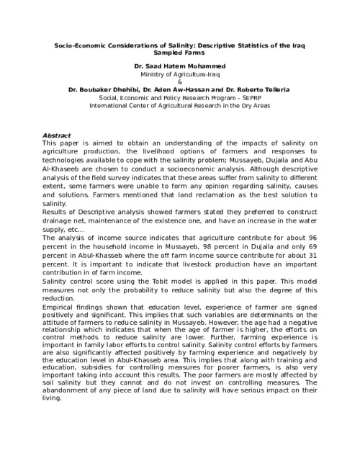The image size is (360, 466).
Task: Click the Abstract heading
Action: tap(57, 135)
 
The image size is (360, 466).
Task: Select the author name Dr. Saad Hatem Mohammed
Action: tap(179, 66)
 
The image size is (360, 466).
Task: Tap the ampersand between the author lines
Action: tap(180, 81)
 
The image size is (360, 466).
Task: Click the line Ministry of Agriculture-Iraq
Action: tap(179, 73)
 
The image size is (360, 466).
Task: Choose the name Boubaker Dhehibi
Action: tap(107, 89)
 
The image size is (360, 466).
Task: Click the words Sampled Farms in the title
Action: tap(180, 53)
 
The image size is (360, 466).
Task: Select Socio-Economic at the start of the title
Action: tap(81, 45)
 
